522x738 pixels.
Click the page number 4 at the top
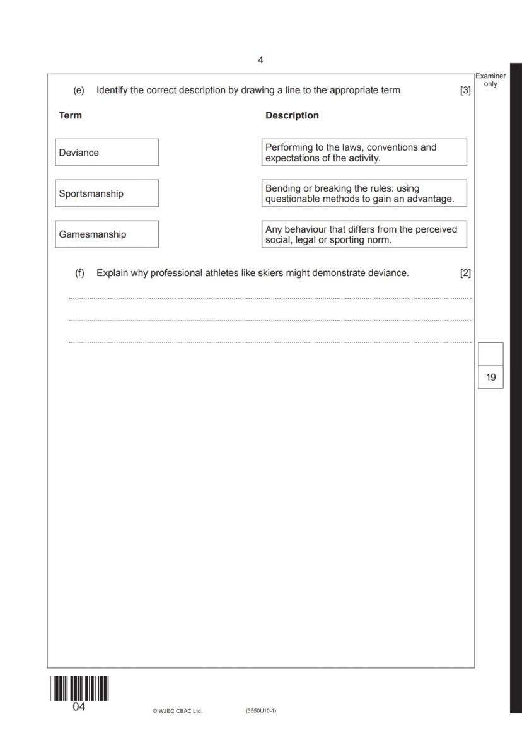pyautogui.click(x=260, y=60)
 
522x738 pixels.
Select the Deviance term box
pyautogui.click(x=107, y=153)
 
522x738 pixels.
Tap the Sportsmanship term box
pyautogui.click(x=107, y=193)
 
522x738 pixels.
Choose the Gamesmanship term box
pyautogui.click(x=107, y=234)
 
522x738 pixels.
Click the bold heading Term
pyautogui.click(x=70, y=115)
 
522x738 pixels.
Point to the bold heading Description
pyautogui.click(x=292, y=115)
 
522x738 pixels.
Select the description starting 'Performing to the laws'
pyautogui.click(x=364, y=153)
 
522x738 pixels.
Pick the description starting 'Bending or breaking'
pyautogui.click(x=364, y=193)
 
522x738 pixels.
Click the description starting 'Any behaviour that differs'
pyautogui.click(x=364, y=234)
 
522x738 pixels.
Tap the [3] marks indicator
pyautogui.click(x=465, y=90)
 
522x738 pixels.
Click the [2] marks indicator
pyautogui.click(x=465, y=273)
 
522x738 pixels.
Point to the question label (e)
pyautogui.click(x=79, y=90)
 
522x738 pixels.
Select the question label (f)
pyautogui.click(x=79, y=273)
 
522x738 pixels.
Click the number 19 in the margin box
pyautogui.click(x=490, y=378)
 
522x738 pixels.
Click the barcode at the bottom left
pyautogui.click(x=79, y=688)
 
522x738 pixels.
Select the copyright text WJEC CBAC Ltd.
pyautogui.click(x=177, y=711)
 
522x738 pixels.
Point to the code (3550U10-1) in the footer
pyautogui.click(x=260, y=711)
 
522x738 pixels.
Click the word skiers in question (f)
pyautogui.click(x=271, y=273)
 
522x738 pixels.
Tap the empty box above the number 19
pyautogui.click(x=490, y=354)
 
